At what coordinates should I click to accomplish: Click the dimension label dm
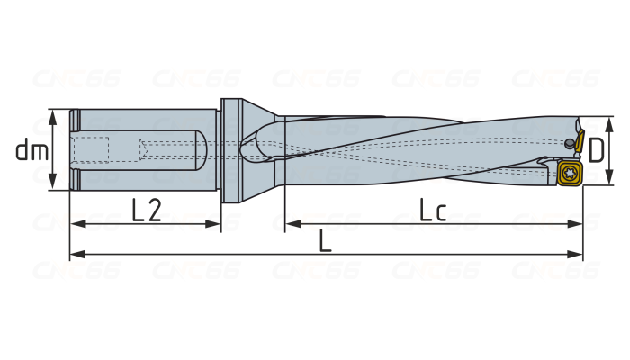31,151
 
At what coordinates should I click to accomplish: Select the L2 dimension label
146,210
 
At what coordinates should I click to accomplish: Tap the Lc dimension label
434,210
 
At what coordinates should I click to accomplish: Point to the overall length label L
326,241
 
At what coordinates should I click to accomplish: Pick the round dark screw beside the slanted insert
570,144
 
